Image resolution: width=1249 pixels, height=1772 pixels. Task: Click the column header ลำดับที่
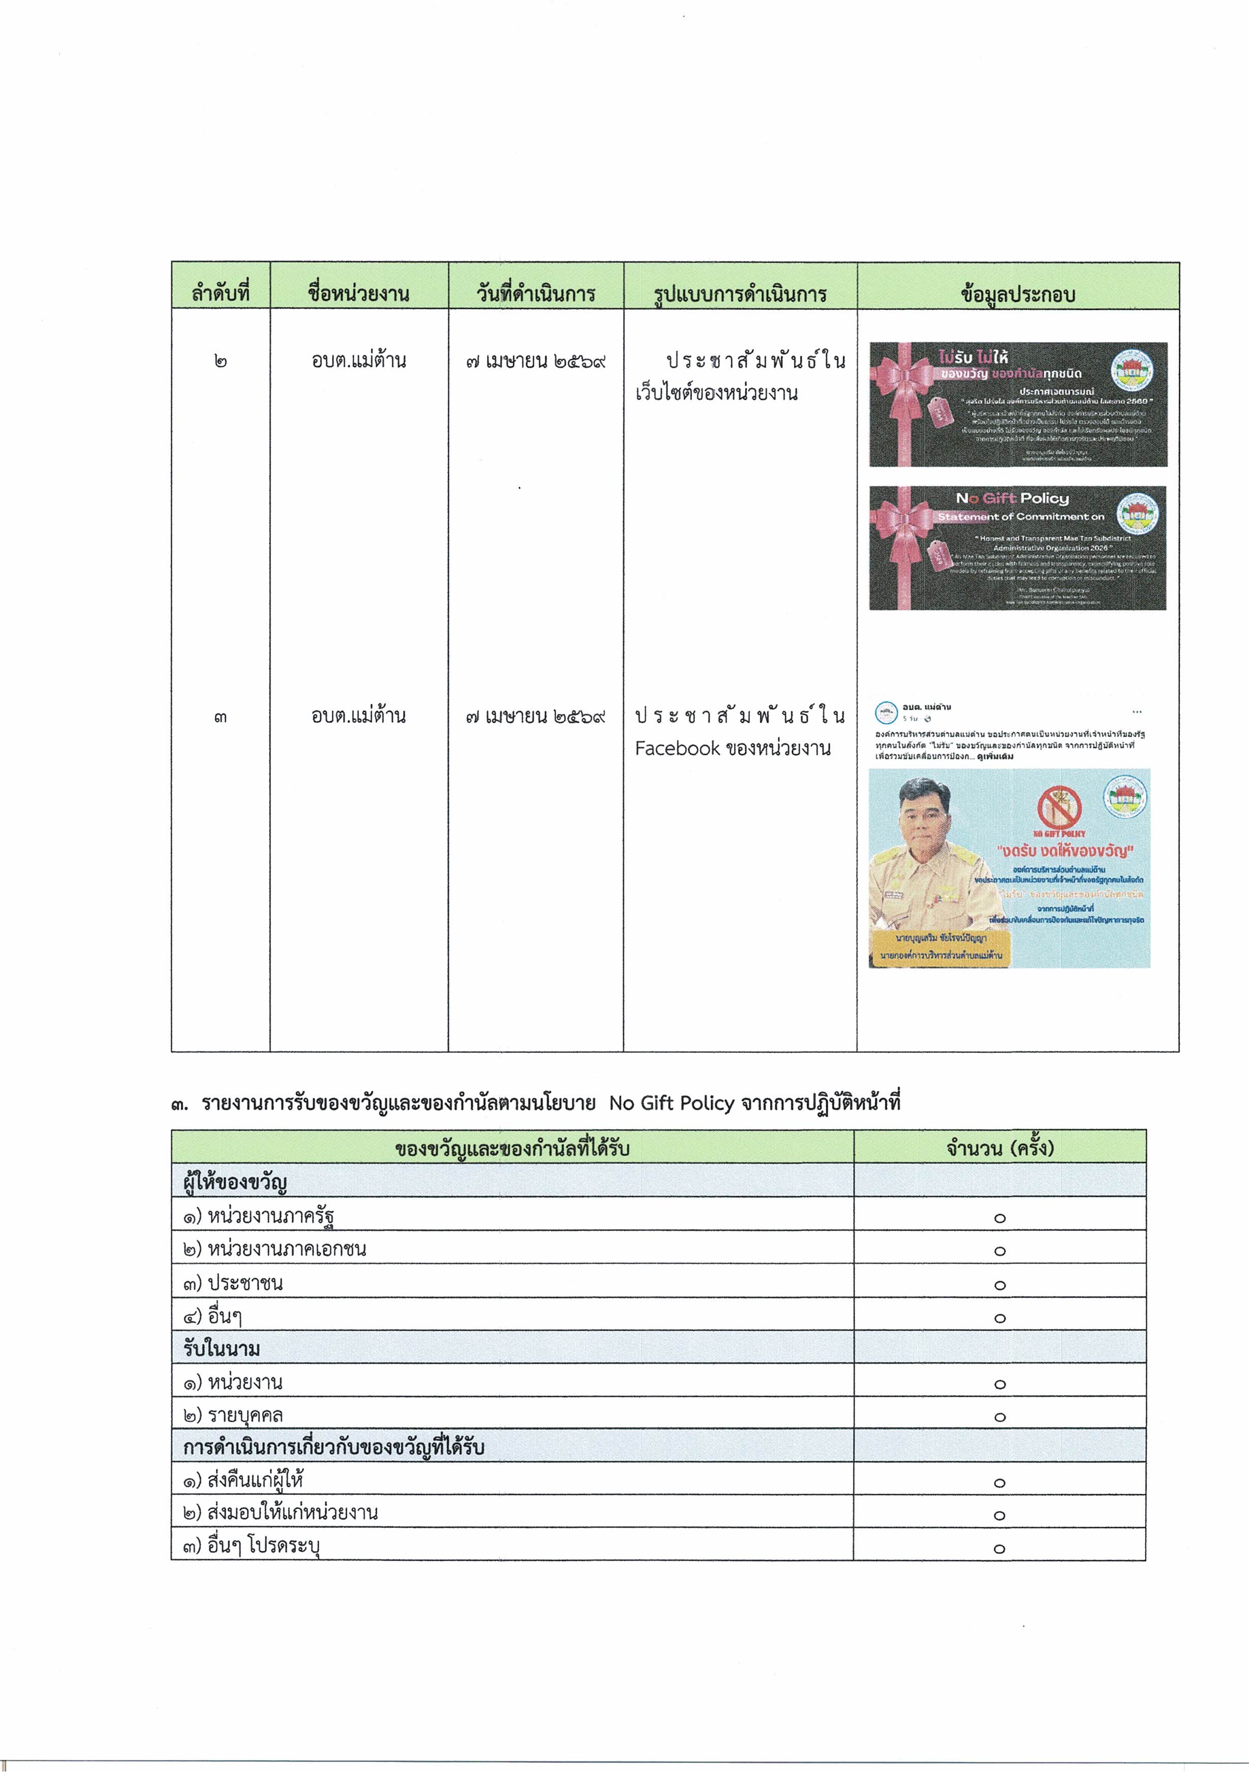coord(221,294)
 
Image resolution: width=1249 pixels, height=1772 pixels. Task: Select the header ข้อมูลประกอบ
coord(1018,294)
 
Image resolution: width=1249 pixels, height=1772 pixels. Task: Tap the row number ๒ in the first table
coord(221,361)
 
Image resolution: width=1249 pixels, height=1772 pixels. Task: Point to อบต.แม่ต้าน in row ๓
coord(359,716)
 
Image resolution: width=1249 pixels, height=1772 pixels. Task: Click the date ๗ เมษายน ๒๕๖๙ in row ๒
coord(535,361)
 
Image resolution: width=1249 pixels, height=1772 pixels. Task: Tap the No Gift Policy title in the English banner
coord(1012,498)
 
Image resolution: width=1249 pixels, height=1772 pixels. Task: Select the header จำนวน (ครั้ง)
coord(1000,1147)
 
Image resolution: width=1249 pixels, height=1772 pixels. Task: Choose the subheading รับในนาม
coord(222,1348)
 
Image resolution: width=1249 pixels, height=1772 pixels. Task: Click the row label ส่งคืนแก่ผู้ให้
coord(255,1480)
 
